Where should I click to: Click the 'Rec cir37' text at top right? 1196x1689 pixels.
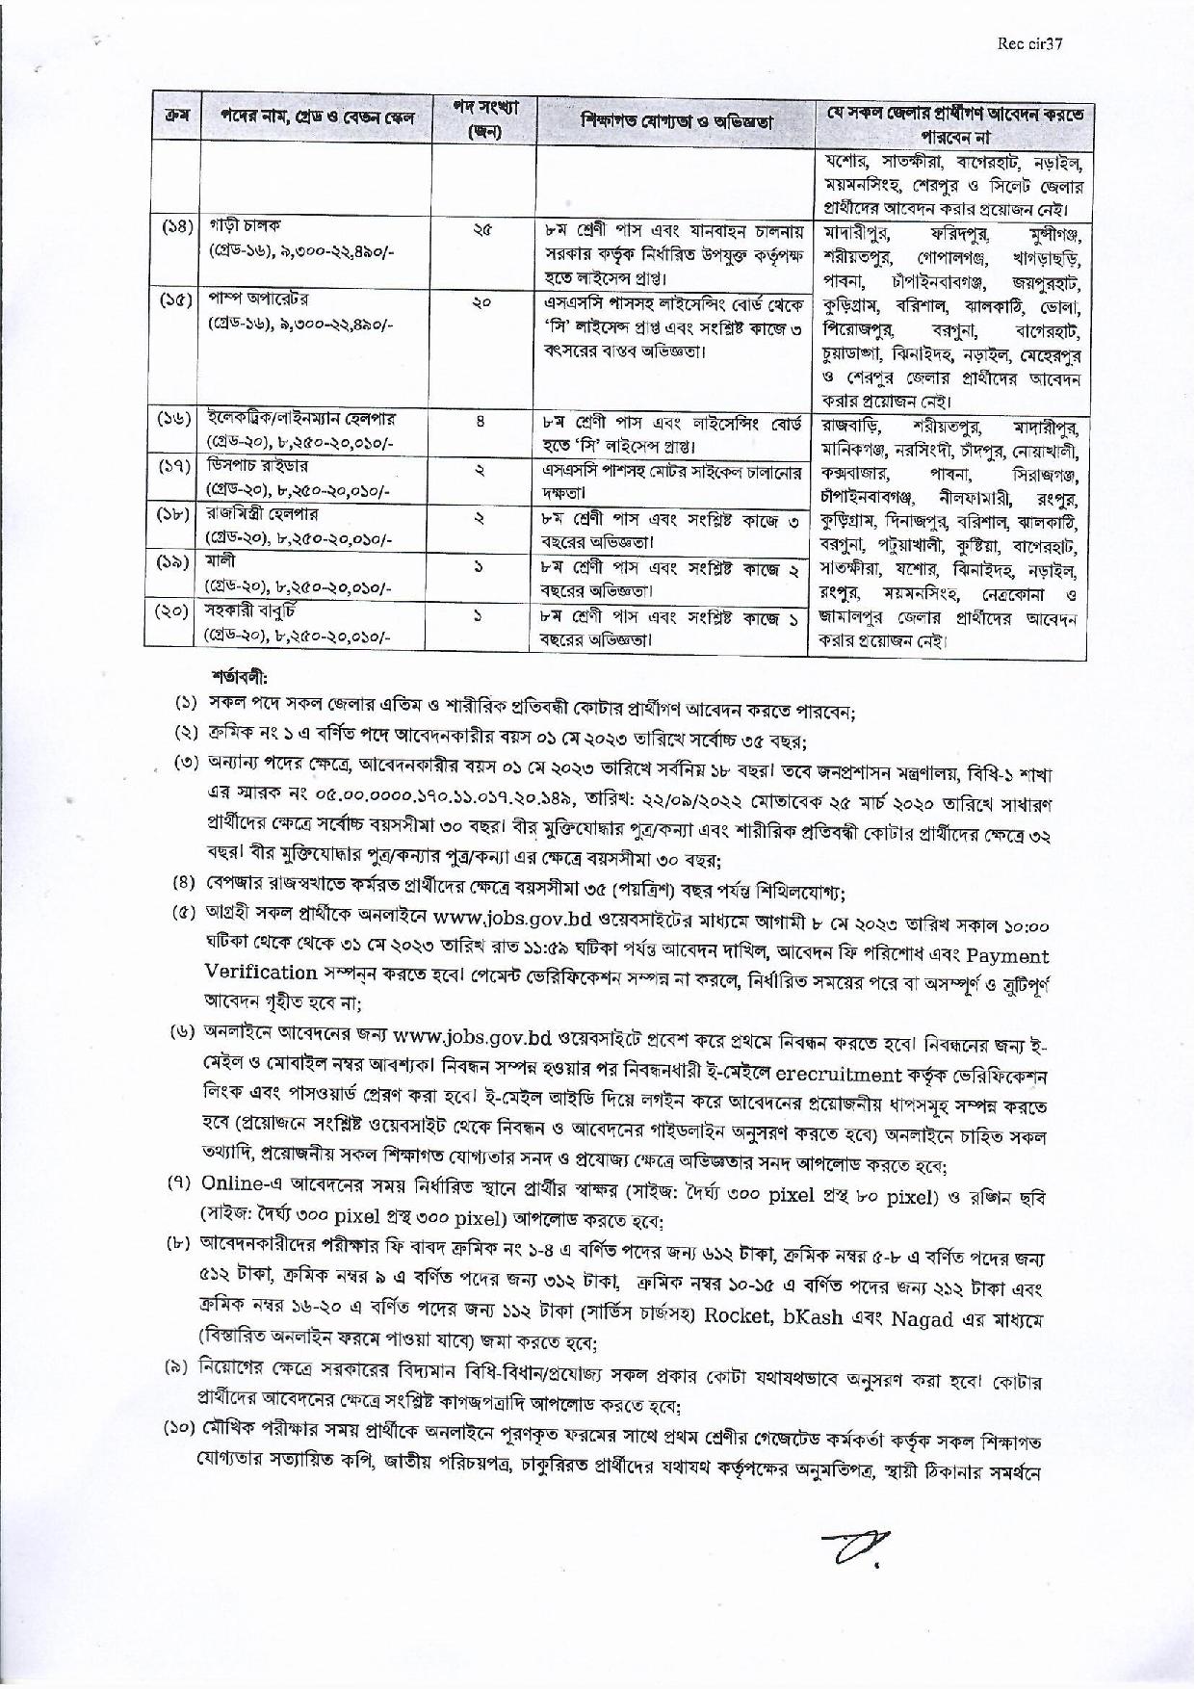click(1032, 43)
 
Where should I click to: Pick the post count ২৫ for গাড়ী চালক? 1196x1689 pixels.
click(482, 230)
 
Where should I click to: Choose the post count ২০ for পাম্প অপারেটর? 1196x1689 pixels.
click(482, 302)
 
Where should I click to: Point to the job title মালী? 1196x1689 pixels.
click(221, 560)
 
